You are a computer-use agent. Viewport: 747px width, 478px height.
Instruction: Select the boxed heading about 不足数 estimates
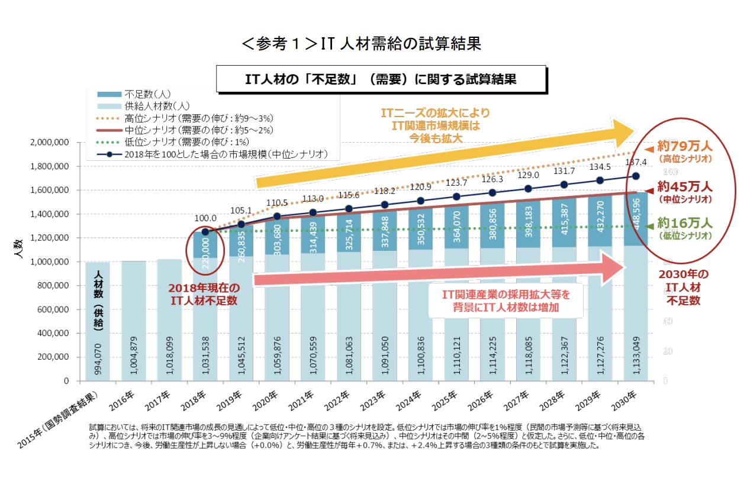[x=381, y=79]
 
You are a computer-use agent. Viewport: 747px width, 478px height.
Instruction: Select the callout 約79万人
[x=684, y=147]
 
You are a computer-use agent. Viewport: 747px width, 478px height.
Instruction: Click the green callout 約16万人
[x=685, y=225]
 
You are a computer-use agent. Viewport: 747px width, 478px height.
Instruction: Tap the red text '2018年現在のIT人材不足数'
[x=204, y=294]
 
